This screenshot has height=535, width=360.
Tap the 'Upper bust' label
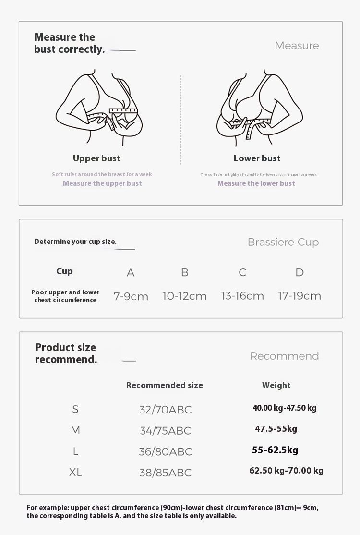tap(96, 158)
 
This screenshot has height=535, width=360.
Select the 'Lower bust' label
tap(257, 158)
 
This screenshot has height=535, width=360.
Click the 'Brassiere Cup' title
tap(283, 243)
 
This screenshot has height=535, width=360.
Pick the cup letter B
tap(185, 273)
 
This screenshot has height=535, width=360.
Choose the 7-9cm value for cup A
tap(131, 296)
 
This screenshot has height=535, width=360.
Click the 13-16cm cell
tap(242, 296)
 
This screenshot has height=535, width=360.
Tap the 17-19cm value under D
tap(300, 296)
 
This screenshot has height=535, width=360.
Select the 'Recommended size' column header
tap(164, 385)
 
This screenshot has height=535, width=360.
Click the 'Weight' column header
tap(276, 385)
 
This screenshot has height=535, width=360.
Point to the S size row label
tap(75, 409)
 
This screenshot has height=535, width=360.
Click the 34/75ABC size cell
tap(165, 431)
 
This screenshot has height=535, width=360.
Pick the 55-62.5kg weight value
tap(275, 450)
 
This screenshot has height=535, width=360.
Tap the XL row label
tap(75, 473)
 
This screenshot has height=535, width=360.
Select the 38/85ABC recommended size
tap(165, 473)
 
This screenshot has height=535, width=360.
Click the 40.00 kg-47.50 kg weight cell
tap(284, 408)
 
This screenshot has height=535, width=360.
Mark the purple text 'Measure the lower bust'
tap(256, 183)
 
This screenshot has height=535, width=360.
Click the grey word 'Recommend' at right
tap(284, 356)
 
